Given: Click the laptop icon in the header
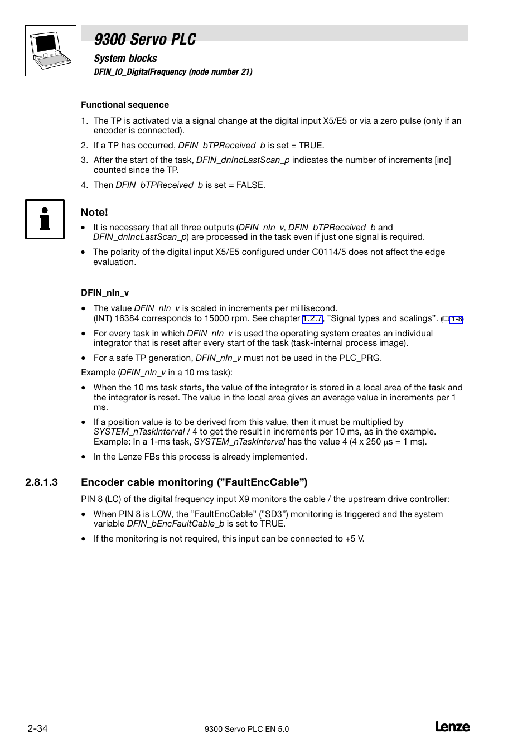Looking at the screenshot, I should tap(51, 50).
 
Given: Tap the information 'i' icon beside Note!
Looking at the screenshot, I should tap(45, 219).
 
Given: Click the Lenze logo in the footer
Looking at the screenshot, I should tap(452, 727).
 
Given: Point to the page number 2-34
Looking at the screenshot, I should tap(37, 728).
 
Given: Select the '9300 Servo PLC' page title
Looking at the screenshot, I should tap(145, 39).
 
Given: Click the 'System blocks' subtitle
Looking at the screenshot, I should tap(125, 59).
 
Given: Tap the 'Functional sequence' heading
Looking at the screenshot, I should tap(125, 105).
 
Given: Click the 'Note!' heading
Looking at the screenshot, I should tap(94, 212).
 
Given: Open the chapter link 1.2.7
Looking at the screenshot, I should tap(312, 318).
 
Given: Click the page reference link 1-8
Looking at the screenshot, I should tap(456, 319).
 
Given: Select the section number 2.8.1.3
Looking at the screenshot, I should tap(42, 482).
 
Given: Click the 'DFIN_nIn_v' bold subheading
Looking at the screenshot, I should tap(105, 293).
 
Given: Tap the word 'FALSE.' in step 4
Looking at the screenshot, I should tap(251, 185).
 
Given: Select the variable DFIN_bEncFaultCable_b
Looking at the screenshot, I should tap(175, 524).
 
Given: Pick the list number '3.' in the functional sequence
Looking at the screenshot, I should tap(85, 160).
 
